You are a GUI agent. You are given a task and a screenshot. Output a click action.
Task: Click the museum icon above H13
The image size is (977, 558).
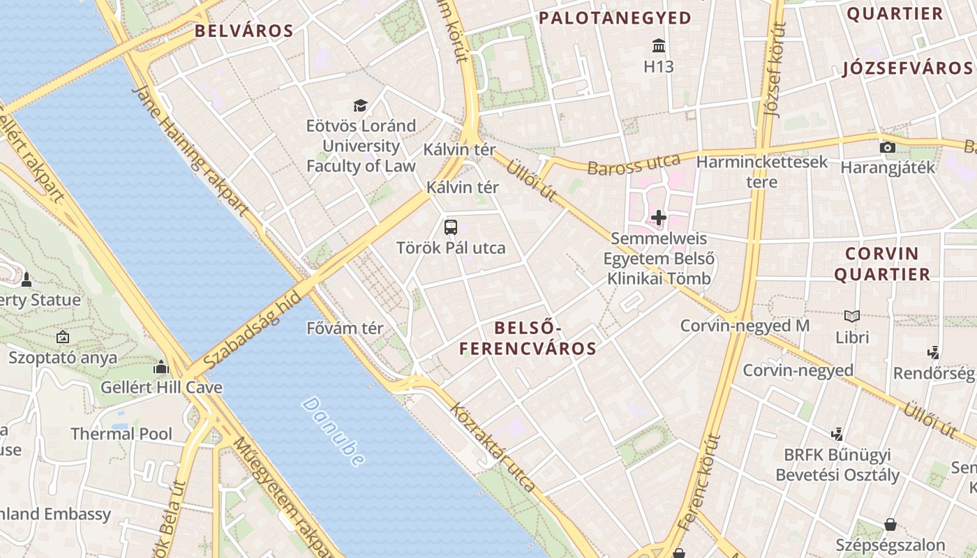pyautogui.click(x=658, y=47)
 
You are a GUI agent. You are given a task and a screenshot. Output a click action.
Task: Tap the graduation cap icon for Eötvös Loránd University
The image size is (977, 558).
pyautogui.click(x=360, y=105)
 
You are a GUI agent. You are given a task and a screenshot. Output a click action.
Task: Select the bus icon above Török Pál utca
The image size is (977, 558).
pyautogui.click(x=451, y=227)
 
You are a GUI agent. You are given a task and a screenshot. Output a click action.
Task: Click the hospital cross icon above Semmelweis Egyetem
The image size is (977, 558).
pyautogui.click(x=659, y=218)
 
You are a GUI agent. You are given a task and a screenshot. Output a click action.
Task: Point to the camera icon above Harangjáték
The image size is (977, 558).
pyautogui.click(x=888, y=147)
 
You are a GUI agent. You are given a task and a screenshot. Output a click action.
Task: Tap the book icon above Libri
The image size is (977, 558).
pyautogui.click(x=852, y=316)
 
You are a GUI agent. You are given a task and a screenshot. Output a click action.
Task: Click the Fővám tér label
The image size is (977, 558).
pyautogui.click(x=345, y=328)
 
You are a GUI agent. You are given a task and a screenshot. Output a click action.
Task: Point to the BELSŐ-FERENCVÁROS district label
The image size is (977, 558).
pyautogui.click(x=545, y=338)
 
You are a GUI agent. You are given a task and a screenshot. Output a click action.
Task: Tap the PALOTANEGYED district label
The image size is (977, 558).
pyautogui.click(x=615, y=18)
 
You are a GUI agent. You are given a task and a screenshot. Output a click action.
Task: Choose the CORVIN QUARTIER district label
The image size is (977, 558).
pyautogui.click(x=882, y=264)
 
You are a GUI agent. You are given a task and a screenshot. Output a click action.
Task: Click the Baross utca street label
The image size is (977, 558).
pyautogui.click(x=634, y=165)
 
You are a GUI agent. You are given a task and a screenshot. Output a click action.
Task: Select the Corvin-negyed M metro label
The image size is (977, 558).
pyautogui.click(x=745, y=326)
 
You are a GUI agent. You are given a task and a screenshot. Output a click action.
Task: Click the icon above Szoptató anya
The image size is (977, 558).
pyautogui.click(x=63, y=337)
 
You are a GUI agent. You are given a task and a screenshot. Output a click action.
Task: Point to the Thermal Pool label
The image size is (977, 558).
pyautogui.click(x=121, y=434)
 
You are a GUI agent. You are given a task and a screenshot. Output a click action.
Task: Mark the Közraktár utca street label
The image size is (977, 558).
pyautogui.click(x=494, y=447)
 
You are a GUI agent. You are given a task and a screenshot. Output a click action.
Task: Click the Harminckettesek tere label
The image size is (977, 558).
pyautogui.click(x=762, y=172)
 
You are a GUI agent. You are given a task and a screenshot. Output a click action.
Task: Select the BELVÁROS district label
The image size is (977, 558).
pyautogui.click(x=244, y=31)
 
